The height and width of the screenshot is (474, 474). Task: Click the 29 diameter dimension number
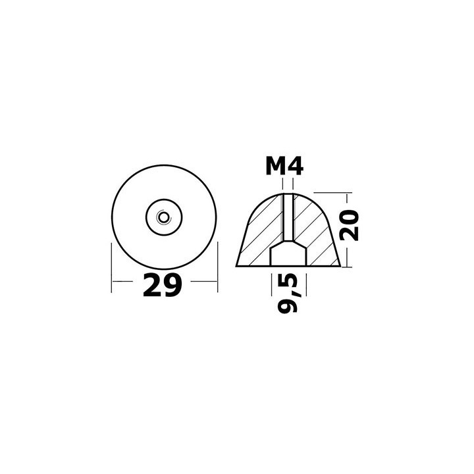pos(162,285)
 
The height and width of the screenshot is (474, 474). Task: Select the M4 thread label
pos(284,167)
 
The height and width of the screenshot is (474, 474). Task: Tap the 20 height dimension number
pos(350,226)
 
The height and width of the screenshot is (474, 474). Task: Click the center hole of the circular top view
pos(163,215)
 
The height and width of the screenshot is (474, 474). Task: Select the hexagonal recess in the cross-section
pos(288,255)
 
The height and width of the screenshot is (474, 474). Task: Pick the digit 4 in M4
pos(296,167)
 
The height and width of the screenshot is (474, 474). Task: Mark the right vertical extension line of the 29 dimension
pos(217,270)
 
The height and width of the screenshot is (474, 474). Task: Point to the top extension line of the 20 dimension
pos(332,194)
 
